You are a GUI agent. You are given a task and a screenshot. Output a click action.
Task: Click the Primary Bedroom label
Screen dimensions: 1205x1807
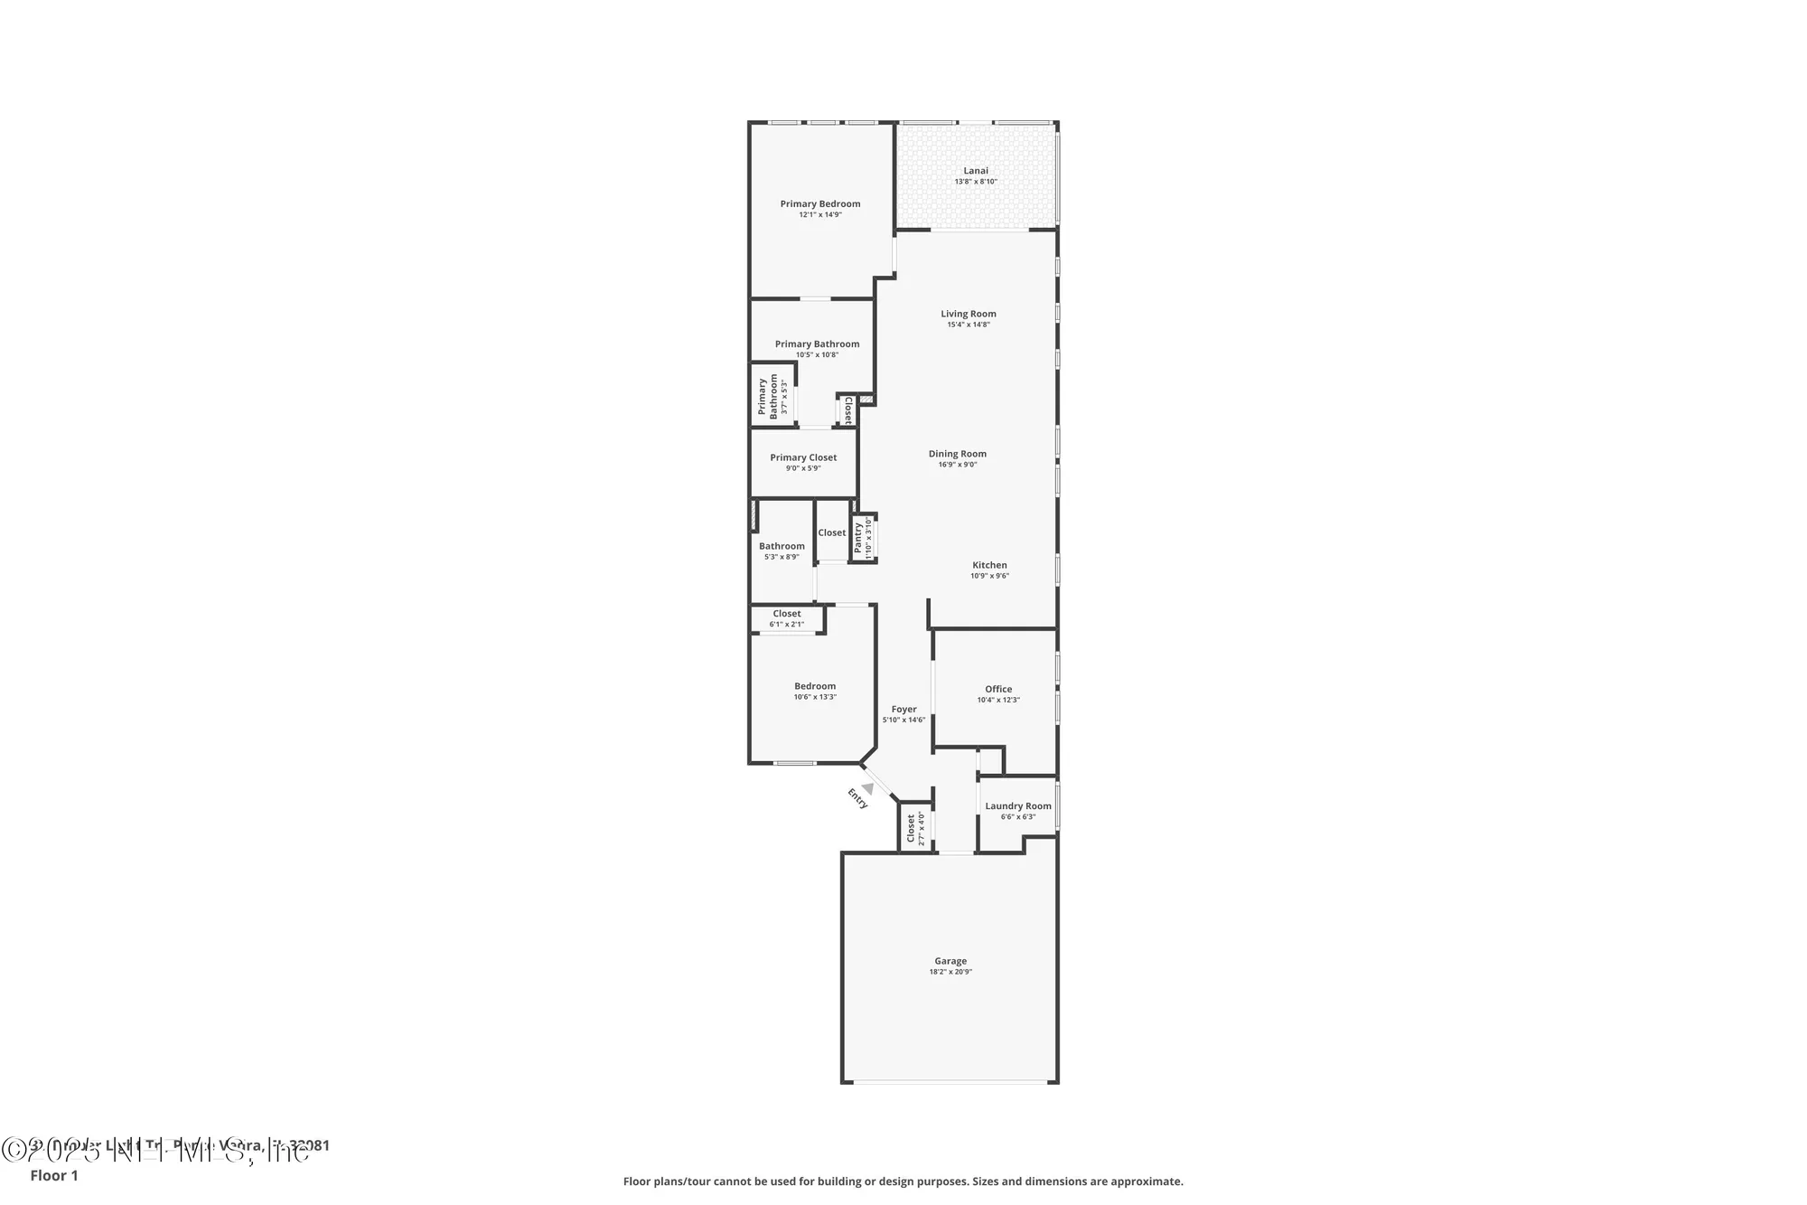tap(819, 204)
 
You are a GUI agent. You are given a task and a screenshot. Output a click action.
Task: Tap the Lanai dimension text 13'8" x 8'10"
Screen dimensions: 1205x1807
tap(975, 182)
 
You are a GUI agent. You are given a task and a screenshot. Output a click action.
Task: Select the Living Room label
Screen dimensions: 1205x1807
tap(968, 314)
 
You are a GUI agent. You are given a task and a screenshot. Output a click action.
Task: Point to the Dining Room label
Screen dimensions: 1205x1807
tap(957, 454)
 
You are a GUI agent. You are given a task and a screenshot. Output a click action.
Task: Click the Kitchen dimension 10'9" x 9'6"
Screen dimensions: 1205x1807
tap(989, 576)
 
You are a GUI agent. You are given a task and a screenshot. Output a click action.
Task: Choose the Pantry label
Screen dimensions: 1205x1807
tap(858, 539)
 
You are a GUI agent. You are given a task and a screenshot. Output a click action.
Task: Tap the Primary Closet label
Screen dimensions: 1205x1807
tap(803, 457)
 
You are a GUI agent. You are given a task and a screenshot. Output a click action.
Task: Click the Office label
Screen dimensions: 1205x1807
tap(997, 689)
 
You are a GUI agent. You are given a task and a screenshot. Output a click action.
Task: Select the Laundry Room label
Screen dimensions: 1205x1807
tap(1017, 806)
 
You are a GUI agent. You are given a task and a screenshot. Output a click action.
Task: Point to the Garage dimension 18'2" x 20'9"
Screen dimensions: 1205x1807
tap(950, 972)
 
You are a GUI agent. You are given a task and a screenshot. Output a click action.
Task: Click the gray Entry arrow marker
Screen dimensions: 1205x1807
tap(867, 788)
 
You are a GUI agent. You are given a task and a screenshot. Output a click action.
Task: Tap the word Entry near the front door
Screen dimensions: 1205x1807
tap(857, 798)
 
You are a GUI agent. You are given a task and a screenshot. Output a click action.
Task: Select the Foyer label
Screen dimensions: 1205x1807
tap(903, 710)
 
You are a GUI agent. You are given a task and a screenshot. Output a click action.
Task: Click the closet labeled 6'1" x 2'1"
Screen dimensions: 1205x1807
tap(786, 619)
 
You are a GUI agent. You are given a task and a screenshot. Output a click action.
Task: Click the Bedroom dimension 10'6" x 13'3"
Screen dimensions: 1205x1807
tap(814, 697)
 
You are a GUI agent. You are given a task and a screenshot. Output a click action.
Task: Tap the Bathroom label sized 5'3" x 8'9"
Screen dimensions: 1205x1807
tap(782, 546)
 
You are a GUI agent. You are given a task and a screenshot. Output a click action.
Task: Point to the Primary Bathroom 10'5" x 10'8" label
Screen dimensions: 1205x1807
tap(817, 344)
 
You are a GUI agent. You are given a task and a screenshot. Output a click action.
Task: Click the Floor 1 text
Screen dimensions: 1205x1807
tap(54, 1175)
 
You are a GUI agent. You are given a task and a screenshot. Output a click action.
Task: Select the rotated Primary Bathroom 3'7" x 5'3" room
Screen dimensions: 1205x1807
tap(772, 396)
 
